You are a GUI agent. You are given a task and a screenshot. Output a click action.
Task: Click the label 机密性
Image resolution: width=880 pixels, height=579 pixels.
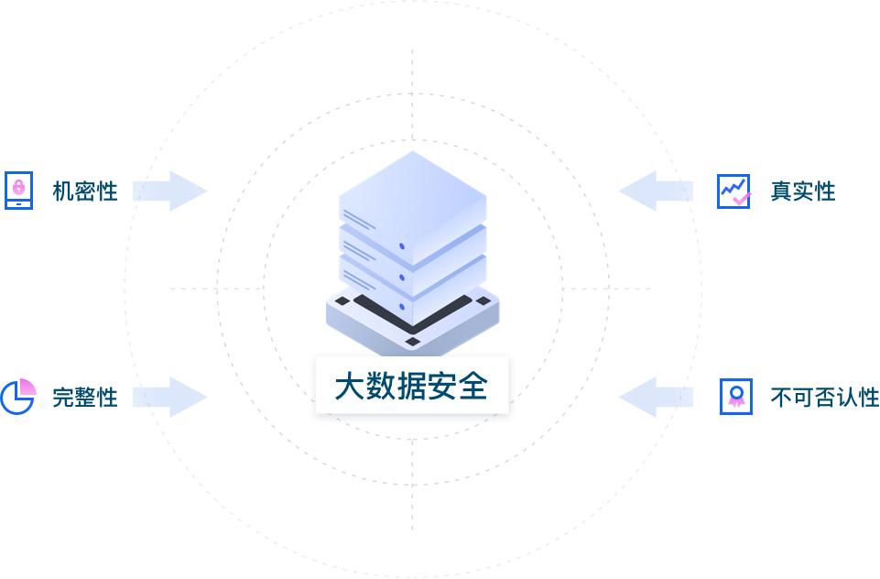[x=85, y=191]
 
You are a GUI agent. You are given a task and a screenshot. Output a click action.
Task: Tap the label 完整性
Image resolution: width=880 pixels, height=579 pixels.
[x=85, y=398]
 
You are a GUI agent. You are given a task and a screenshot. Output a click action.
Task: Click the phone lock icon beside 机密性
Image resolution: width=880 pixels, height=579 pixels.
[x=18, y=191]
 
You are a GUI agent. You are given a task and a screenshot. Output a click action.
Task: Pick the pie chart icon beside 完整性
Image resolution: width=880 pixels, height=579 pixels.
[x=18, y=396]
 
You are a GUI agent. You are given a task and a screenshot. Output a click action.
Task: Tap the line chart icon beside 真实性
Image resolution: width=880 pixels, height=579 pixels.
[x=733, y=191]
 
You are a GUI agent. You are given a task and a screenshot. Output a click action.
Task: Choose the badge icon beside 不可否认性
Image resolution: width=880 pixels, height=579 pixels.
[x=735, y=397]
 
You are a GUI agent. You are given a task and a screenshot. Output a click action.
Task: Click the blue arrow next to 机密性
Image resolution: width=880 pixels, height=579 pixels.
[x=170, y=191]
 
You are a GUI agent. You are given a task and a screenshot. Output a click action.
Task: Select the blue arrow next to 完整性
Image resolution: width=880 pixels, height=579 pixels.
[x=170, y=397]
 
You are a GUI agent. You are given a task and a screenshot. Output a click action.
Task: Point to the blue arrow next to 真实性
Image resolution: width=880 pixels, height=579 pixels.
[x=656, y=191]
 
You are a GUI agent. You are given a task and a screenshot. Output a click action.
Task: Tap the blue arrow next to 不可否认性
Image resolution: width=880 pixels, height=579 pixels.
[x=656, y=397]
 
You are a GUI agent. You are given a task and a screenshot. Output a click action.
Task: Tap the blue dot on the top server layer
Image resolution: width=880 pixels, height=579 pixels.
[x=402, y=246]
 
